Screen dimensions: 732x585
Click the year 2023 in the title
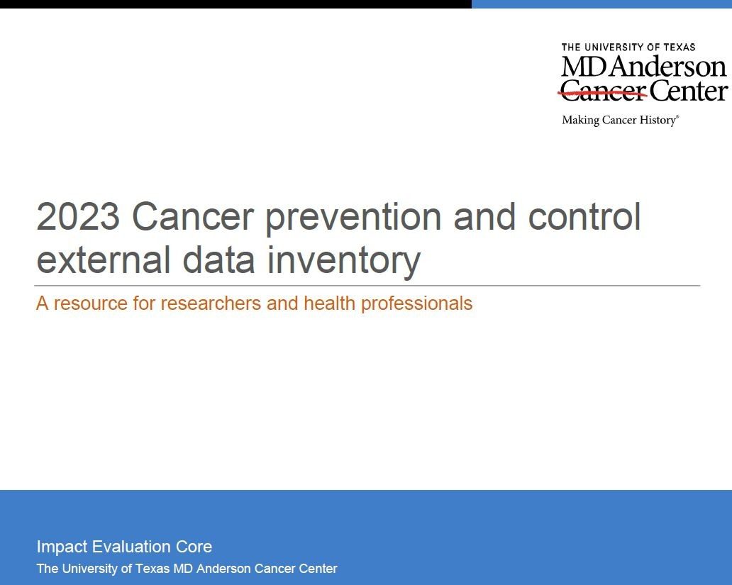(78, 216)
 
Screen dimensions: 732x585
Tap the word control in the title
(584, 216)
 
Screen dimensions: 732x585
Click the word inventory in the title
(343, 262)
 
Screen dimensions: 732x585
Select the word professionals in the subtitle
(417, 304)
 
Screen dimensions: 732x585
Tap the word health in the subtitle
(330, 303)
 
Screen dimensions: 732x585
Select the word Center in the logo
(688, 90)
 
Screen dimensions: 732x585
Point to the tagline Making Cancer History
(621, 121)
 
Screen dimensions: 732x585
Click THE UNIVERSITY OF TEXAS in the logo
(628, 48)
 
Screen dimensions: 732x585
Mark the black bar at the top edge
(235, 4)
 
